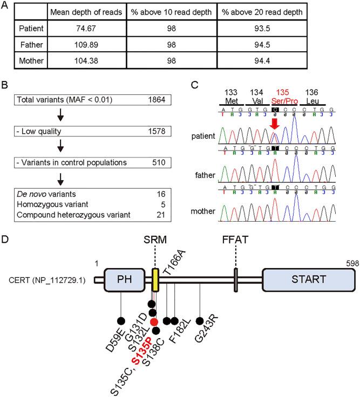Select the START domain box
click(308, 279)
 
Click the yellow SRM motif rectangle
click(155, 279)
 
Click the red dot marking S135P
click(154, 321)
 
